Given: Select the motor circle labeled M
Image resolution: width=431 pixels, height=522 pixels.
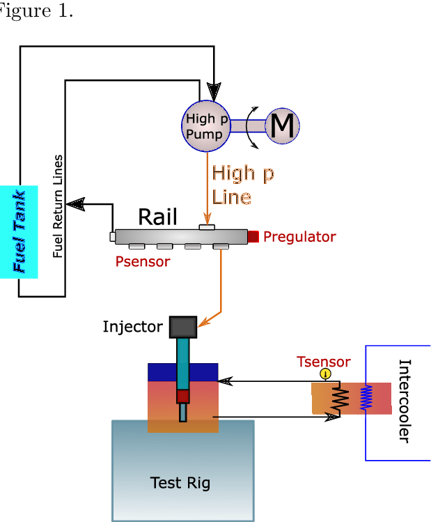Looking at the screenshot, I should pyautogui.click(x=283, y=126).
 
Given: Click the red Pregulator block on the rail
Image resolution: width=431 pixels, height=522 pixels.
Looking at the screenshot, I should pyautogui.click(x=253, y=236).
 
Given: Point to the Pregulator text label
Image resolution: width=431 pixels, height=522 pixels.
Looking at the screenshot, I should pyautogui.click(x=299, y=237).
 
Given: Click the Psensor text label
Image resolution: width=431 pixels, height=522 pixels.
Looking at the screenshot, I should pyautogui.click(x=142, y=262).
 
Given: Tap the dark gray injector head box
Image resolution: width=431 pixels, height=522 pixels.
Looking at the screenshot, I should pyautogui.click(x=183, y=327).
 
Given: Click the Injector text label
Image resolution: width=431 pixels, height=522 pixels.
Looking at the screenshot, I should pyautogui.click(x=132, y=326).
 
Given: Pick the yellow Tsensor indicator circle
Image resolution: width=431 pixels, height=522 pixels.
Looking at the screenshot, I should pyautogui.click(x=324, y=374).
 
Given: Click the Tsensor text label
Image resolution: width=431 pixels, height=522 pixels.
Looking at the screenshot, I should pyautogui.click(x=324, y=362).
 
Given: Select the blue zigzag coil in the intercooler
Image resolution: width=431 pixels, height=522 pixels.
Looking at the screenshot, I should pyautogui.click(x=366, y=398).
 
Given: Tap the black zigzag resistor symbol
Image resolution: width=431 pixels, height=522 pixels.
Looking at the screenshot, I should pyautogui.click(x=340, y=400).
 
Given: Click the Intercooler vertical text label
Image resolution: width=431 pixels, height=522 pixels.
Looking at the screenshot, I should pyautogui.click(x=404, y=401).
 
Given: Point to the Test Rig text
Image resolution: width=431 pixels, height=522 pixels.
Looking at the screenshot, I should pyautogui.click(x=180, y=483).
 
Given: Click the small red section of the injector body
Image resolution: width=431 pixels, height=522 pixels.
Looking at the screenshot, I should pyautogui.click(x=182, y=397).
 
